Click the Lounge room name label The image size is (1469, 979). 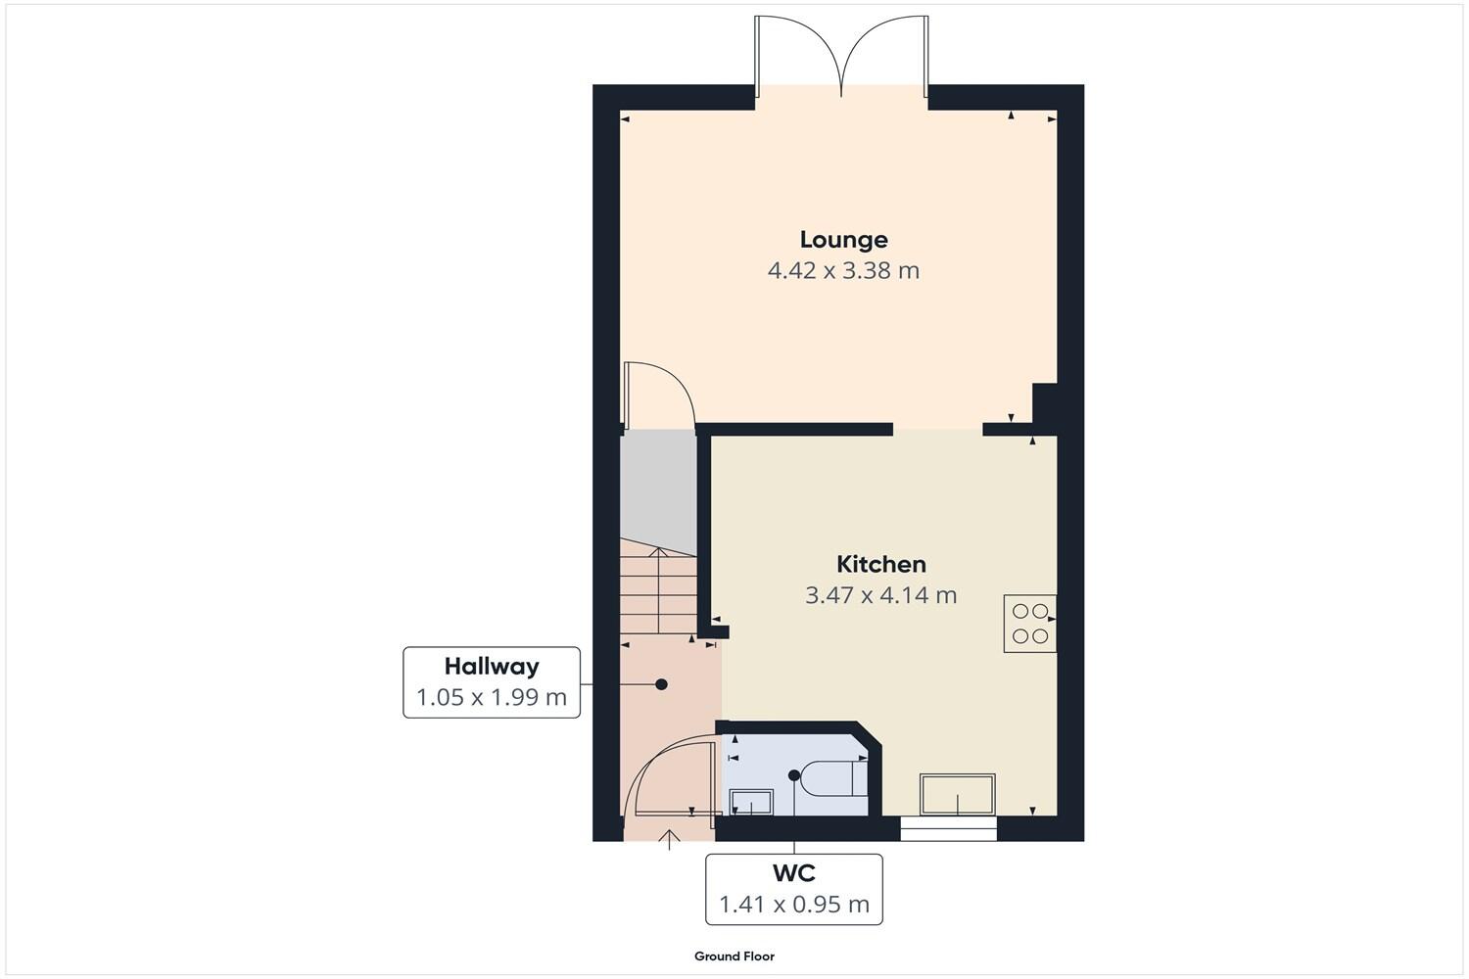(843, 240)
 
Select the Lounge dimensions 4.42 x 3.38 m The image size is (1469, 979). (843, 271)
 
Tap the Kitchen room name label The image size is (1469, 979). (880, 565)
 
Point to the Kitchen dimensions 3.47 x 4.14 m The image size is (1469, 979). (880, 595)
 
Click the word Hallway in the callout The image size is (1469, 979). (492, 667)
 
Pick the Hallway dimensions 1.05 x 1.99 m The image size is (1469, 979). (492, 698)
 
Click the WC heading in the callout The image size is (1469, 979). (793, 872)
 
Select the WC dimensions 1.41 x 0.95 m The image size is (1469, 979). (793, 905)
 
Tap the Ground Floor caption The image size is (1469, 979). (734, 956)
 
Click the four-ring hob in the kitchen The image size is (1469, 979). (1029, 624)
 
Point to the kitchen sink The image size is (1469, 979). (957, 794)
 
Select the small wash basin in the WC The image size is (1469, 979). (751, 803)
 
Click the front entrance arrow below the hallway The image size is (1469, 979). (670, 839)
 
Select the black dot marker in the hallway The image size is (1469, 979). (662, 684)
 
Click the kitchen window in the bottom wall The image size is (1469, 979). (948, 830)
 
